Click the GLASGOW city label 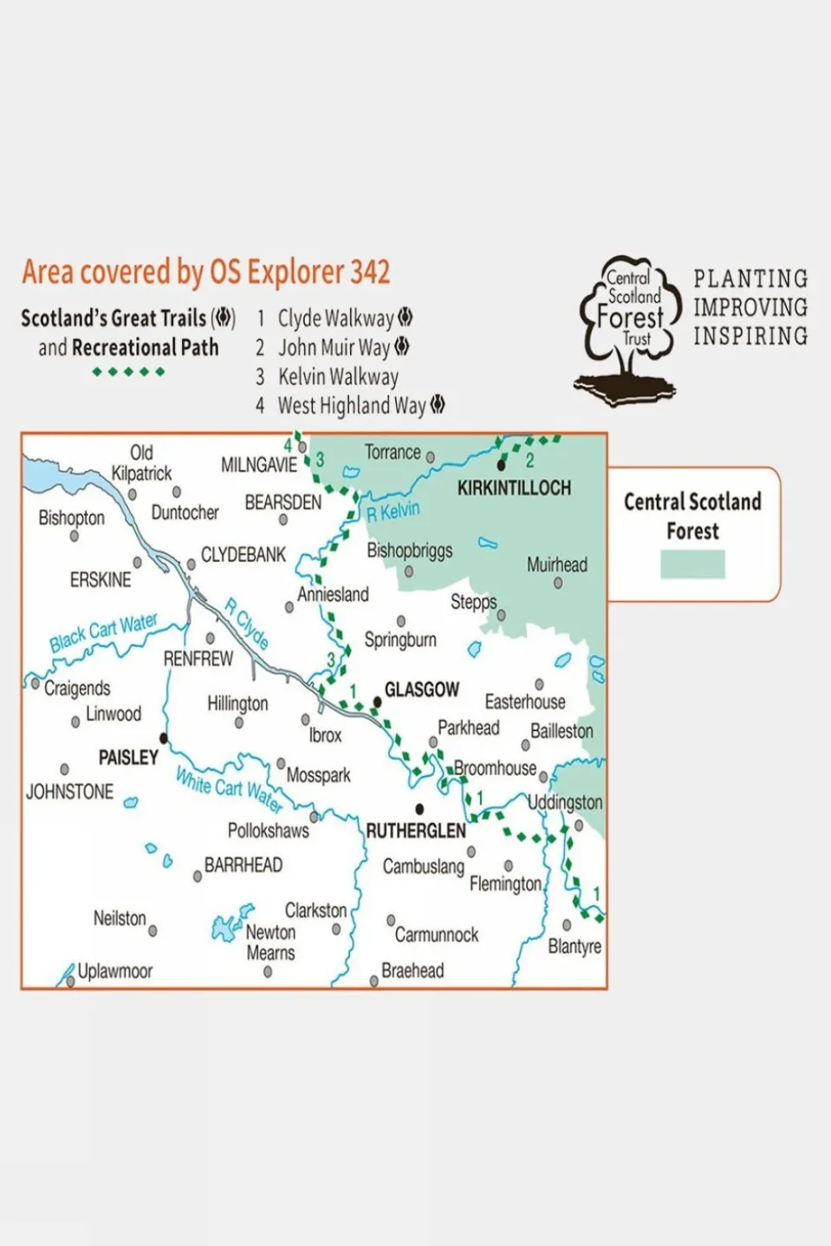421,690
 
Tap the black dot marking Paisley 164,739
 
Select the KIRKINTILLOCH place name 514,488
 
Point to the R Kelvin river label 393,512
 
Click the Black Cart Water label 103,632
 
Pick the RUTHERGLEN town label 416,831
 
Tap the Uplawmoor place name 115,972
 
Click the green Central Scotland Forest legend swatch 692,565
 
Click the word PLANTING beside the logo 750,279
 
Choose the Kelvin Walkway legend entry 338,378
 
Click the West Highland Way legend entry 351,406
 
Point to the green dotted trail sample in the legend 128,372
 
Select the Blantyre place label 574,946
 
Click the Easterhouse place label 525,702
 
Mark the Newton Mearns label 270,943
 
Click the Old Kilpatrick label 141,463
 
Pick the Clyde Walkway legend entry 335,319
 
